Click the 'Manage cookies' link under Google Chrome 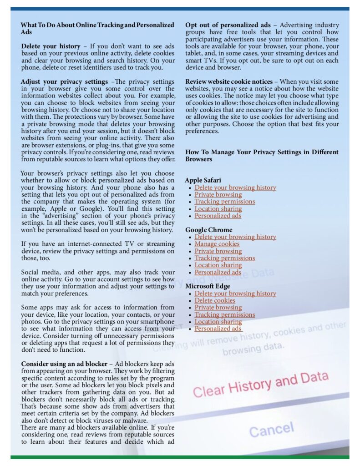(x=217, y=244)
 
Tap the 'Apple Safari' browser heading (x=203, y=180)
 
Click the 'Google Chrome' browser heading (x=208, y=230)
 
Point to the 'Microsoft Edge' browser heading (x=208, y=286)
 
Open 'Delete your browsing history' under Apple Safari (x=235, y=187)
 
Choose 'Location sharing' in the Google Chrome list (x=218, y=265)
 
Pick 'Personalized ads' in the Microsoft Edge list (x=218, y=329)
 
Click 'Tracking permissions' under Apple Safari (x=224, y=202)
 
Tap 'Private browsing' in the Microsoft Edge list (x=218, y=308)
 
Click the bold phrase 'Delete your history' (x=46, y=46)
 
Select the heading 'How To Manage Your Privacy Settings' (x=262, y=152)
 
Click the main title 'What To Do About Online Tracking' (x=97, y=25)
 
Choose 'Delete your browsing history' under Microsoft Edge (x=235, y=294)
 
